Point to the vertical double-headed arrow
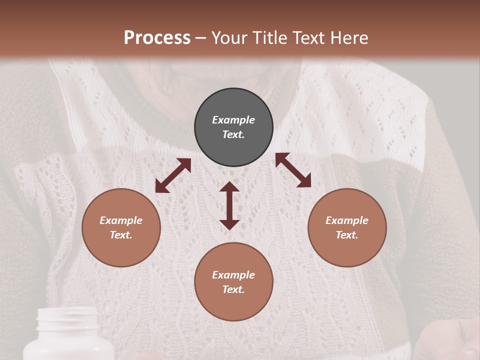point(229,205)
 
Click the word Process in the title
point(157,38)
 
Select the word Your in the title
point(227,38)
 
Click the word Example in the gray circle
point(233,120)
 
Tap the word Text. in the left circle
point(121,235)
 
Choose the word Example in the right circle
point(347,220)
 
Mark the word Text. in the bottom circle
point(233,289)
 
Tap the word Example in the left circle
point(121,220)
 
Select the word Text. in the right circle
point(347,235)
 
